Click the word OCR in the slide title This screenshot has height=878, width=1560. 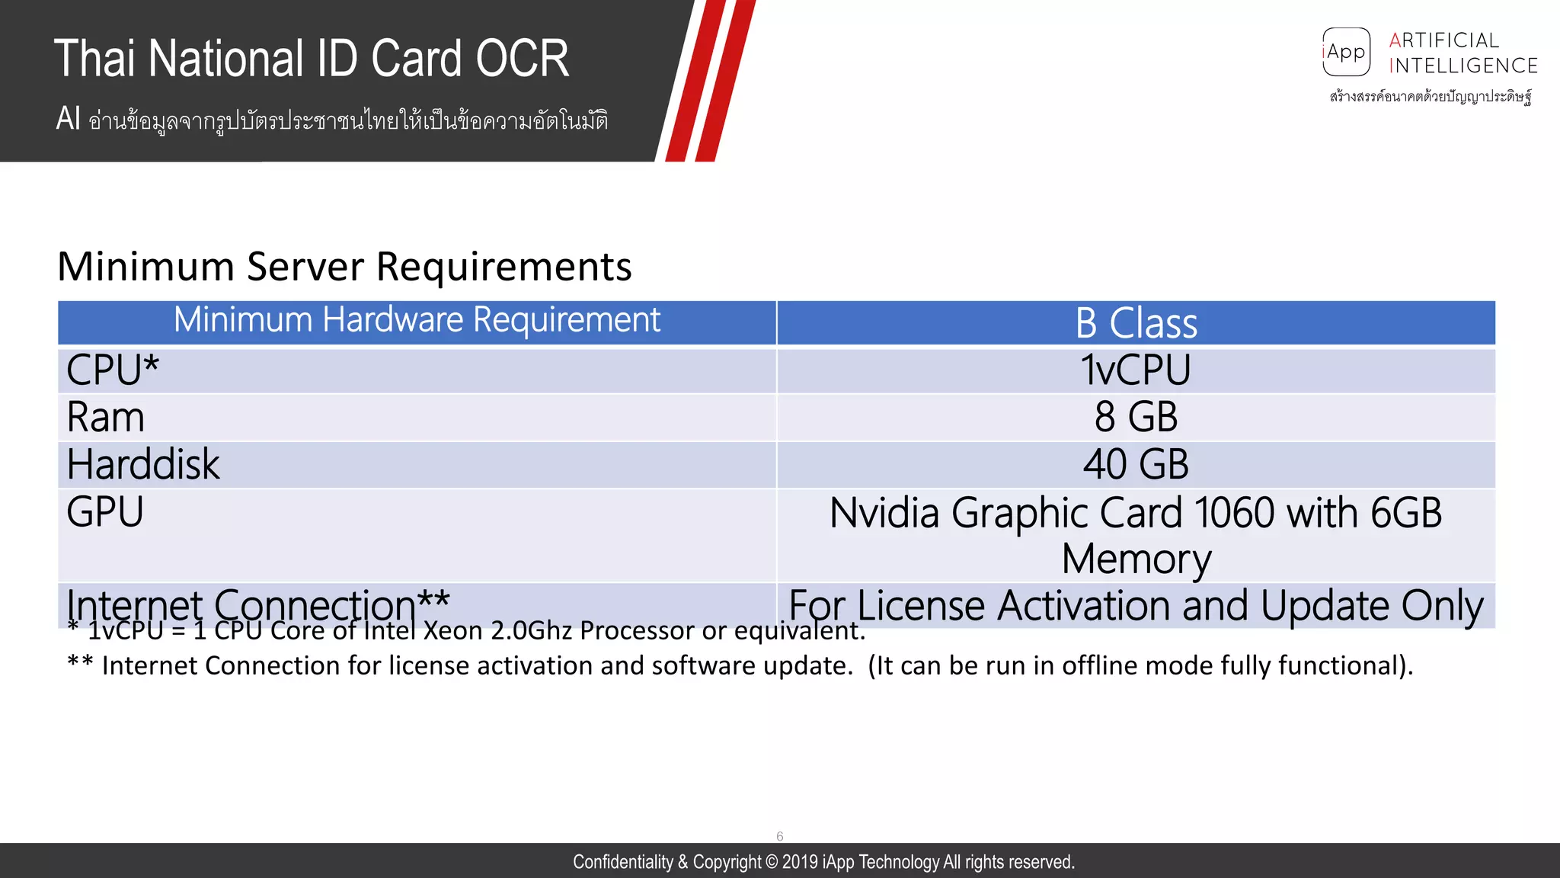(x=523, y=59)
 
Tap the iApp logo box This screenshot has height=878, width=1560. (x=1346, y=52)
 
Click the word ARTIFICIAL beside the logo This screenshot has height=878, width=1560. (x=1443, y=40)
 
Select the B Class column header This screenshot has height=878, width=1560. (x=1136, y=323)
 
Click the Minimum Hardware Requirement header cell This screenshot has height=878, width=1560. (x=417, y=320)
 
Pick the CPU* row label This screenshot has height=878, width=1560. (x=113, y=370)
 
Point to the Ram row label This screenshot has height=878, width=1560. (x=105, y=418)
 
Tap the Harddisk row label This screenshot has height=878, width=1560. (x=143, y=465)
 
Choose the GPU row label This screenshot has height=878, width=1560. (x=105, y=512)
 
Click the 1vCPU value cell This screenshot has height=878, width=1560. (x=1136, y=370)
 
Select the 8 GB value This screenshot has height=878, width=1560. (x=1136, y=418)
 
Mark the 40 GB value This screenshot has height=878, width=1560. (x=1136, y=465)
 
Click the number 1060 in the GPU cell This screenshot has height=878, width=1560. (x=1233, y=513)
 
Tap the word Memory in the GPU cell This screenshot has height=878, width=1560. (x=1136, y=559)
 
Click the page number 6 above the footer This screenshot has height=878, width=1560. (x=779, y=836)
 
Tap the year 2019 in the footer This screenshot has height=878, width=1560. (x=800, y=862)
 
